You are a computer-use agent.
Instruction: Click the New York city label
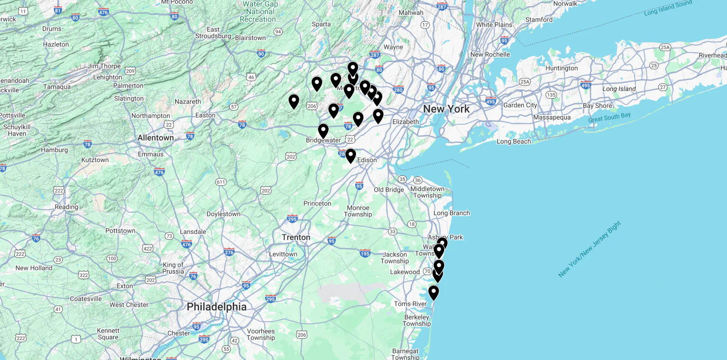pos(446,109)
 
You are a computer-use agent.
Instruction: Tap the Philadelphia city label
pos(217,307)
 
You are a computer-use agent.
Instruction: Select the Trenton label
pos(296,237)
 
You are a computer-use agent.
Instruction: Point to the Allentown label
pos(155,138)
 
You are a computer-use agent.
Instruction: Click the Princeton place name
pos(317,203)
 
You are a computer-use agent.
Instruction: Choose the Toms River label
pos(410,304)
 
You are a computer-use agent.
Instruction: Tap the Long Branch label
pos(451,213)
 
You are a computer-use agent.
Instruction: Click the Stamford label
pos(538,20)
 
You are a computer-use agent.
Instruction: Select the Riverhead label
pos(712,55)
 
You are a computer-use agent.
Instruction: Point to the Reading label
pos(66,207)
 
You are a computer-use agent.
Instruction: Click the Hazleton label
pos(56,45)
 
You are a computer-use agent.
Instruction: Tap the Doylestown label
pos(223,214)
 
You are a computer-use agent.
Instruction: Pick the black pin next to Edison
pos(351,156)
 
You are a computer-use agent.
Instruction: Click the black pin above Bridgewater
pos(323,130)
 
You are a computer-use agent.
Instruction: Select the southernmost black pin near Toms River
pos(433,292)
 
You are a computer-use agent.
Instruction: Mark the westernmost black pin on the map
pos(294,101)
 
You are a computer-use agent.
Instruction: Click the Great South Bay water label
pos(609,117)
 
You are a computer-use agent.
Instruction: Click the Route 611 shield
pos(221,182)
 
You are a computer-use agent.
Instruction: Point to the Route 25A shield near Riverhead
pos(665,47)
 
